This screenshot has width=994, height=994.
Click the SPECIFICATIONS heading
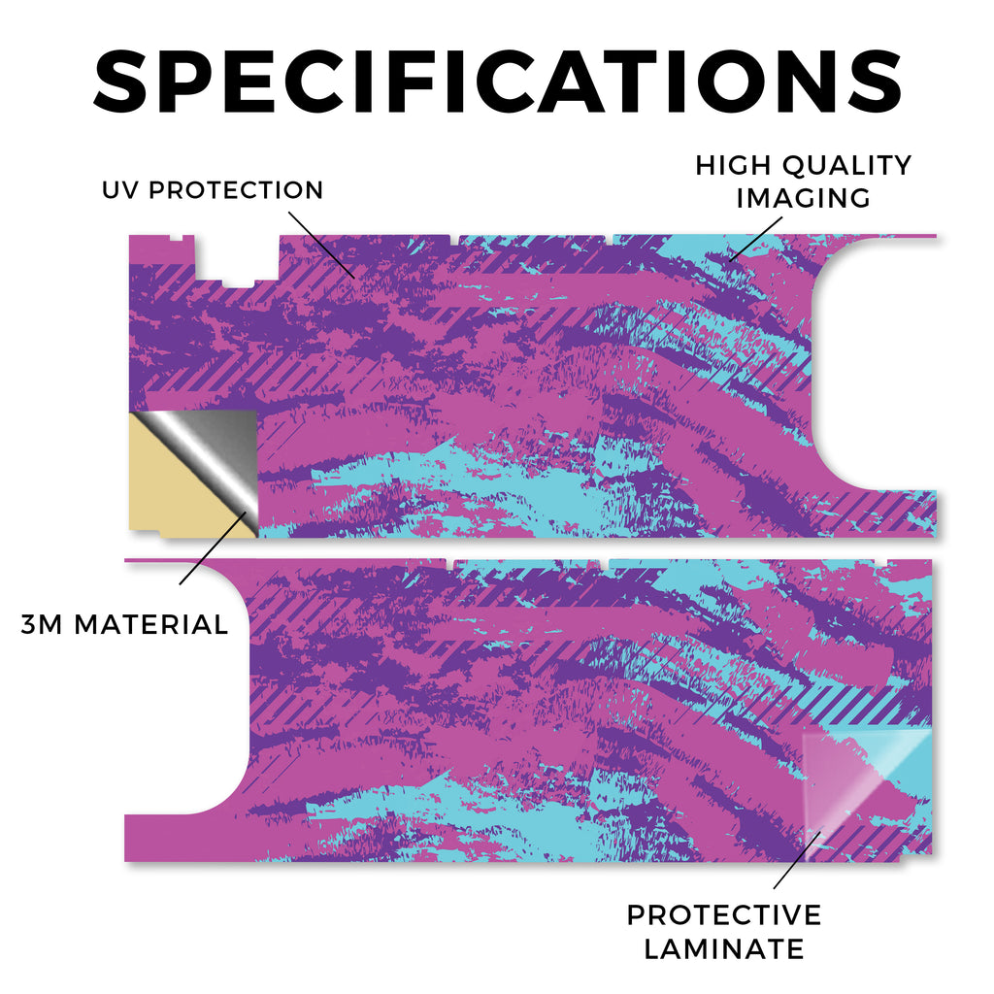[498, 82]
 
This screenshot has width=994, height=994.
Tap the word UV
[119, 189]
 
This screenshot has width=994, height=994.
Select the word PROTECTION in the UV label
[236, 189]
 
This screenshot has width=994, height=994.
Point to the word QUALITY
[846, 165]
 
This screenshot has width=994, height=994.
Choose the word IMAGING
[803, 198]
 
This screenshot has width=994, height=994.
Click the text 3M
[41, 624]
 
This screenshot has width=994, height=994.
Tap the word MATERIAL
[150, 624]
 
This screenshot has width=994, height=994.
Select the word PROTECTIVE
[724, 914]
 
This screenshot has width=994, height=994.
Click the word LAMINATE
[724, 949]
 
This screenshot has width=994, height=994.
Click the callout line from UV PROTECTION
[321, 245]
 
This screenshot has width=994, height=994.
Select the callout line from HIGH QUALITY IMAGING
[755, 239]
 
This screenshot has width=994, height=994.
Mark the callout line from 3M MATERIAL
[213, 548]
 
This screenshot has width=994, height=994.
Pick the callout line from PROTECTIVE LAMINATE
[798, 860]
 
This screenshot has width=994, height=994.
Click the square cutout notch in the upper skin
[236, 261]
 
